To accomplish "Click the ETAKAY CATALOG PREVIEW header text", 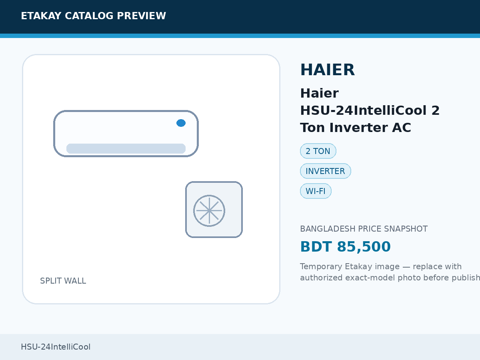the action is tap(93, 16).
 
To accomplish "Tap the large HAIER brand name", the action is tap(327, 70).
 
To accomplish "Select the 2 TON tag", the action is tap(318, 151).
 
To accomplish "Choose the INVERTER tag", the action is tap(325, 171).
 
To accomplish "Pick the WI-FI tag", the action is tap(316, 191).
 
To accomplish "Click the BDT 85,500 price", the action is tap(345, 246).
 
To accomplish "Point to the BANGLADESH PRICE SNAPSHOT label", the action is tap(364, 229).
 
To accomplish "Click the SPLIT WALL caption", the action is tap(63, 281).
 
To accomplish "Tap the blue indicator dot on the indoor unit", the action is tap(181, 123).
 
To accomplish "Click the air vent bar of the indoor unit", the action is tap(126, 149).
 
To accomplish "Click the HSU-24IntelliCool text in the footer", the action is tap(56, 347).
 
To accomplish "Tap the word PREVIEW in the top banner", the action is tap(141, 16).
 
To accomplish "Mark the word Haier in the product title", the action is tap(320, 93).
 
